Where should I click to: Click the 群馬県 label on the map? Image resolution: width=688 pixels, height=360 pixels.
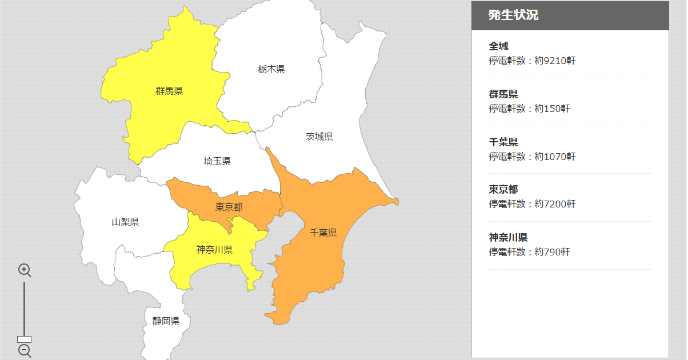pos(169,91)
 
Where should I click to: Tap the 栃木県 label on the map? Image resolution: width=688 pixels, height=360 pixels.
pos(271,69)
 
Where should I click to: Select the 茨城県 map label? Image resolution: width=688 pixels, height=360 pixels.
pos(319,137)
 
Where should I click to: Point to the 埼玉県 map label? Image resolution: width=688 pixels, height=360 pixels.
pos(217,162)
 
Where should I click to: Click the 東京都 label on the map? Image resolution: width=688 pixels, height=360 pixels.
pos(229,207)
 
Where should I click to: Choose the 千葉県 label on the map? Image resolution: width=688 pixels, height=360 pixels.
pos(323,233)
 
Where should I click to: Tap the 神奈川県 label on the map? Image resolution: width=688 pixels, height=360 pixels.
pos(214,250)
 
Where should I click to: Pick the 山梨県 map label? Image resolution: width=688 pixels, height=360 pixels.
pos(125,222)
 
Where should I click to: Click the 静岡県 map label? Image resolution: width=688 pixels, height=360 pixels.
pos(166,321)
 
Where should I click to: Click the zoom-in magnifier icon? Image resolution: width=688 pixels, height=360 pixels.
pos(25,270)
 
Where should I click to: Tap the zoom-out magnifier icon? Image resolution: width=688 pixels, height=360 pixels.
pos(25,350)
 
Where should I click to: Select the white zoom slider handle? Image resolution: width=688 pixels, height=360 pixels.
pos(25,339)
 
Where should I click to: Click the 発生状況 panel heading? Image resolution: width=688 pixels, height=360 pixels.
pos(513,15)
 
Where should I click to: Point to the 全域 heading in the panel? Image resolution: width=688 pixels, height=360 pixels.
pos(498,46)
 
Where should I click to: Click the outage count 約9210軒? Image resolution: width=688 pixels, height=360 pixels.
pos(555,61)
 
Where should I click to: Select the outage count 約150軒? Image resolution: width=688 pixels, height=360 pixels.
pos(552,109)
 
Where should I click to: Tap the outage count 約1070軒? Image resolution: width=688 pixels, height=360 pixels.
pos(555,157)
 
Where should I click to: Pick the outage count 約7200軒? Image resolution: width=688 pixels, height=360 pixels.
pos(555,204)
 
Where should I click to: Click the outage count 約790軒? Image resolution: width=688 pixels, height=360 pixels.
pos(552,252)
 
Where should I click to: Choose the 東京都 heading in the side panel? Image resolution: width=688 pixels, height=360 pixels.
pos(503,189)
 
